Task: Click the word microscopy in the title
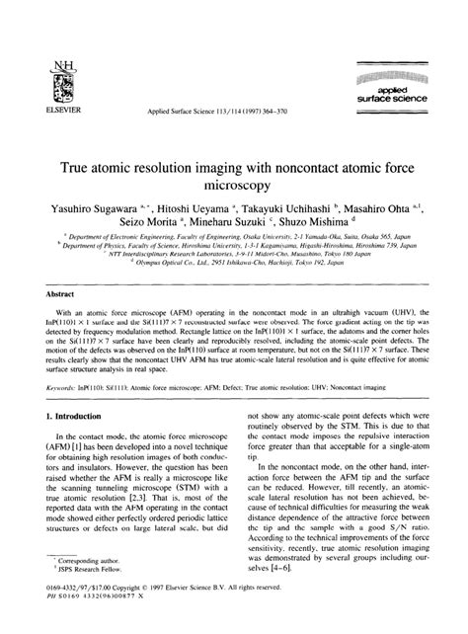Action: tap(233, 184)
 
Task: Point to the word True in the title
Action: tap(102, 164)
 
